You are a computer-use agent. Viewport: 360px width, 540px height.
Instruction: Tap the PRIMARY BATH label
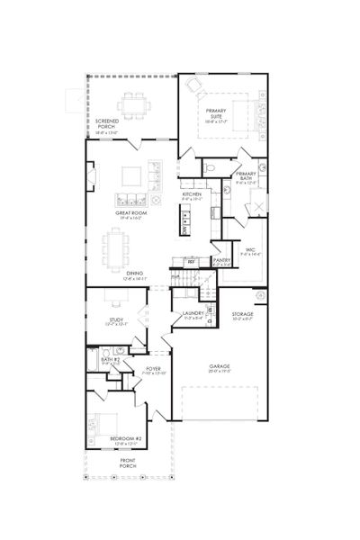coord(246,176)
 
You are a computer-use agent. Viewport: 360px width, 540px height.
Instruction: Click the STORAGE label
coord(243,314)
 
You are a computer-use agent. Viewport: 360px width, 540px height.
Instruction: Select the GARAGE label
coord(219,366)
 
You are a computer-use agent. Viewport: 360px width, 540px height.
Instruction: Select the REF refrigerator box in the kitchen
coord(191,261)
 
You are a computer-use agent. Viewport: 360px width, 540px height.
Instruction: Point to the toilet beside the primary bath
coord(209,168)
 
